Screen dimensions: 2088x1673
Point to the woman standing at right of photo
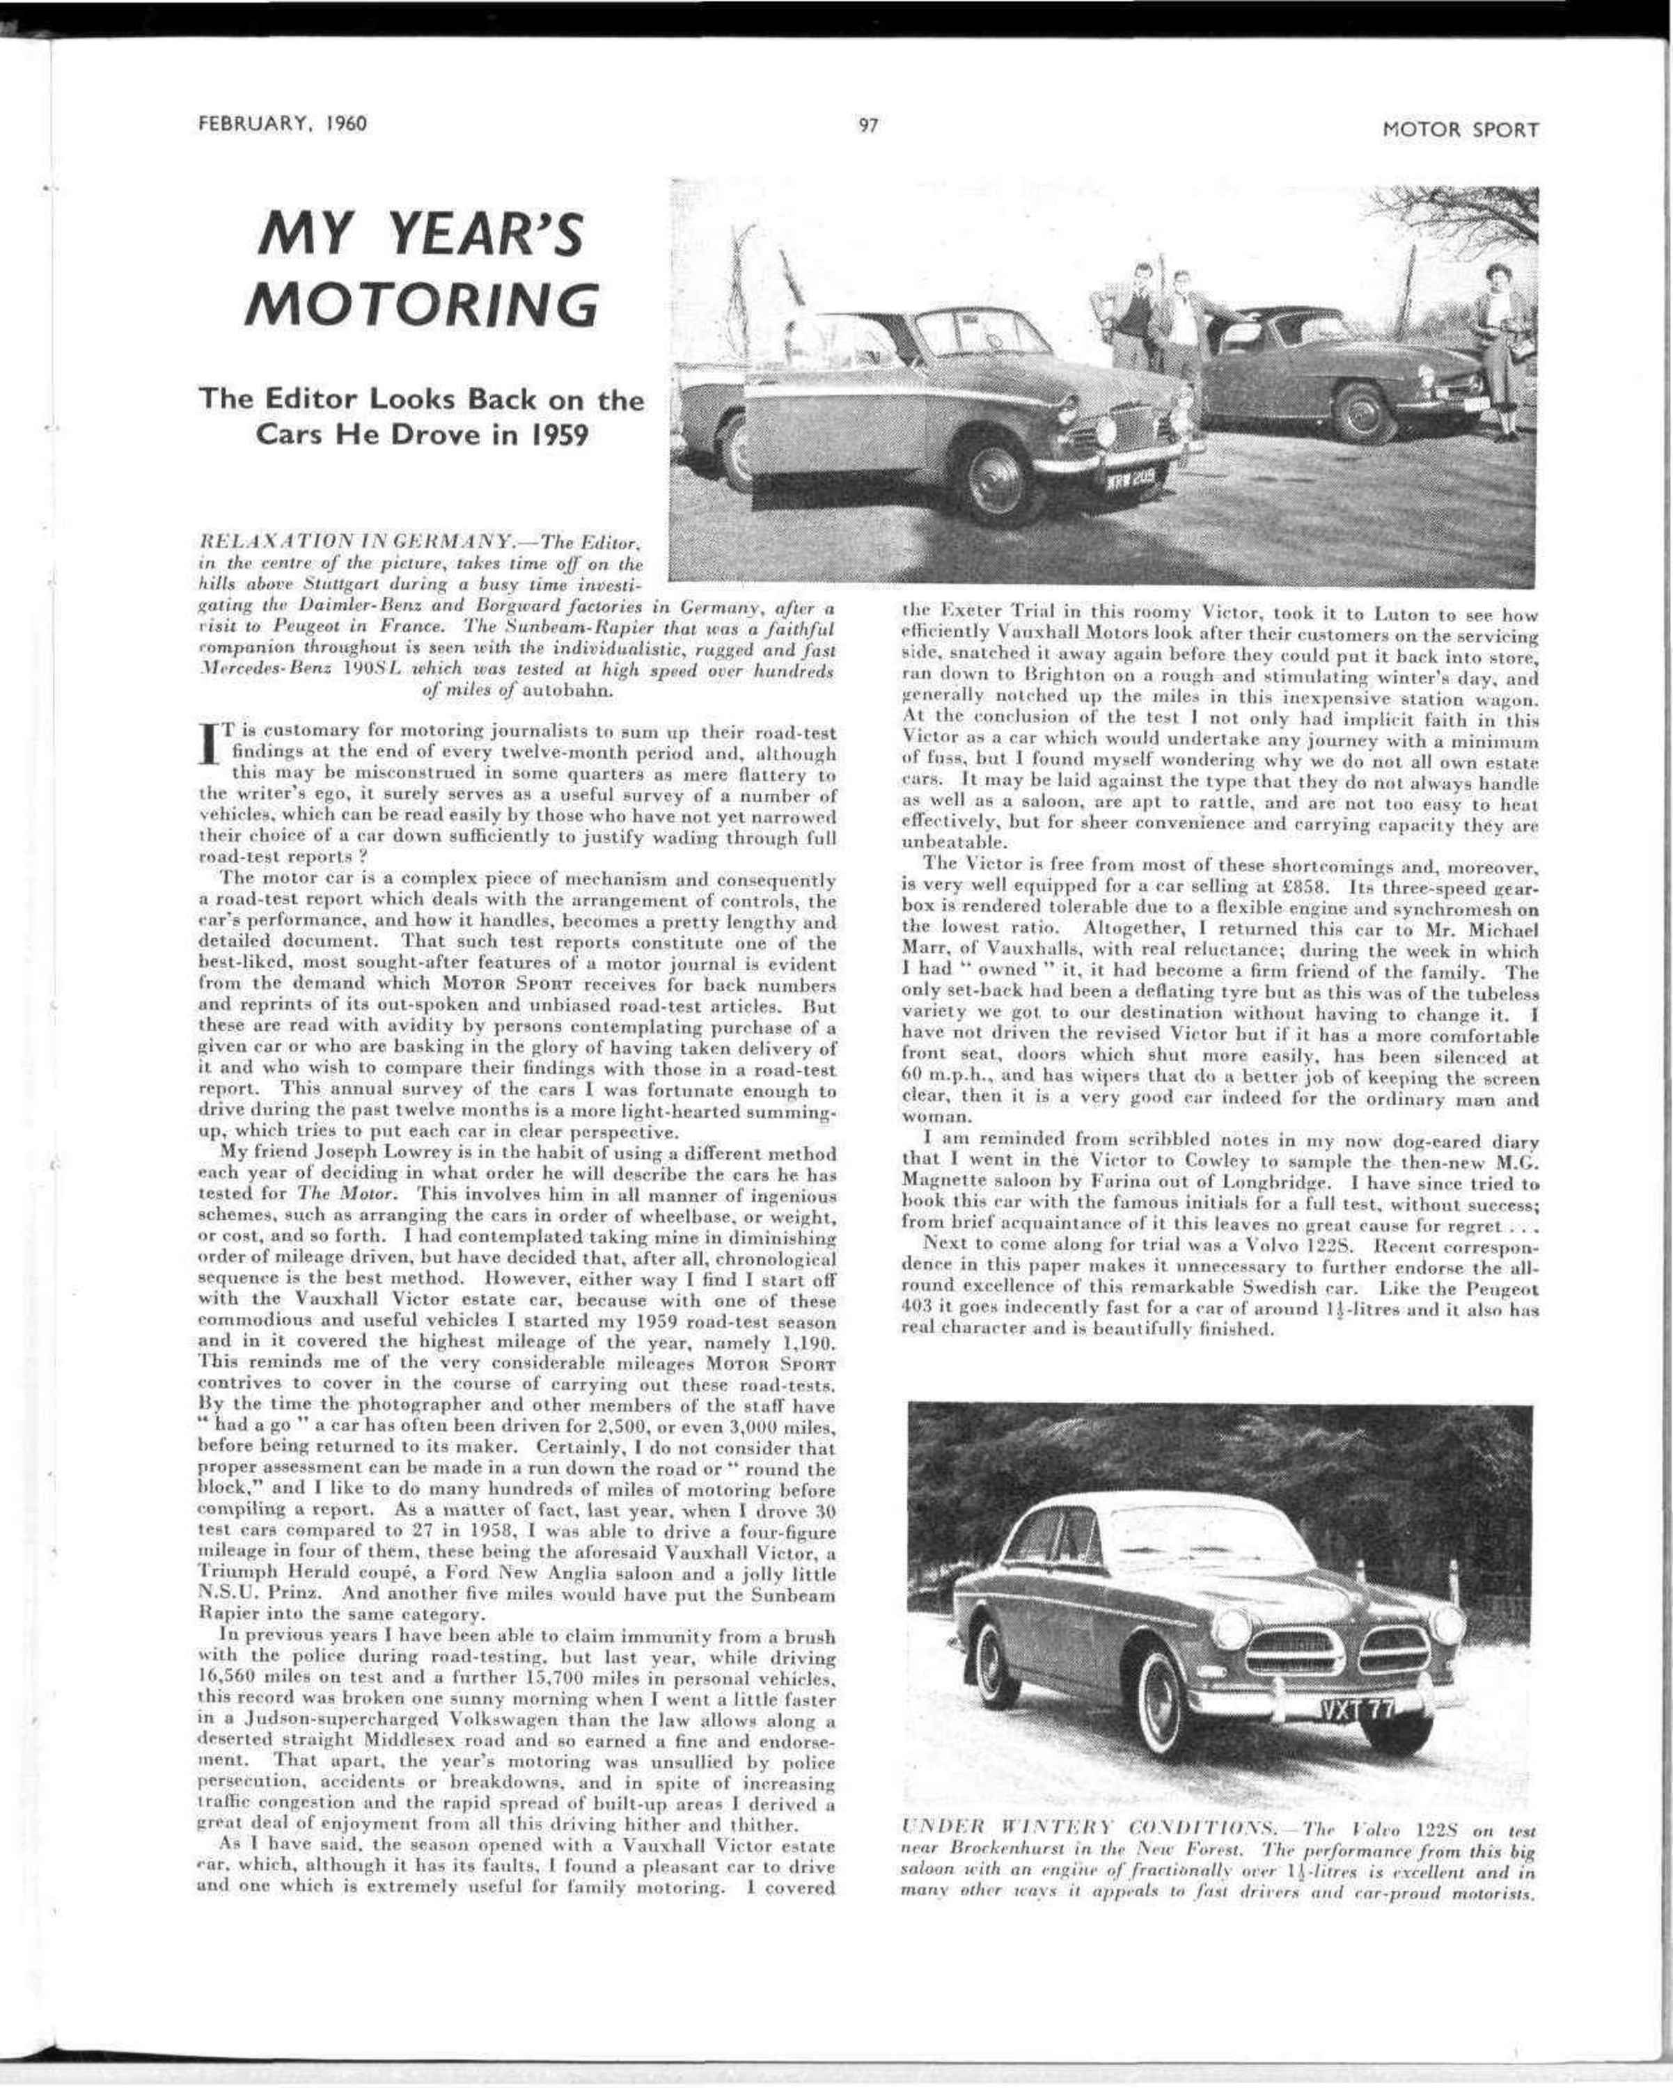(x=1498, y=349)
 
